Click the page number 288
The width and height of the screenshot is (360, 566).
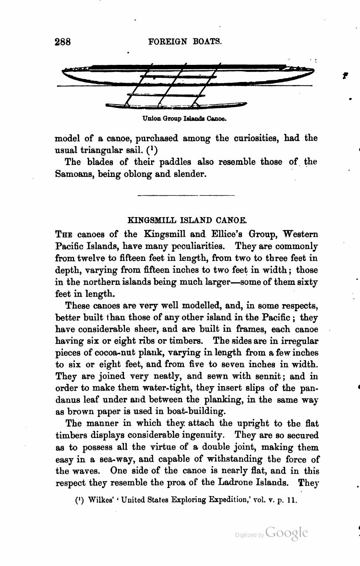point(63,42)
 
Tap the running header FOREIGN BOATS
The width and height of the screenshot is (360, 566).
point(185,42)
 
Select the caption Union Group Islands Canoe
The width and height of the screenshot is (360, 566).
point(184,118)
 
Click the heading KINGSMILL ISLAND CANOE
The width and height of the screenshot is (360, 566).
point(187,220)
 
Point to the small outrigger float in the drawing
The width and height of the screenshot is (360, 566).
point(176,105)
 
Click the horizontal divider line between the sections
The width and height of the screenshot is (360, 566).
point(186,195)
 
